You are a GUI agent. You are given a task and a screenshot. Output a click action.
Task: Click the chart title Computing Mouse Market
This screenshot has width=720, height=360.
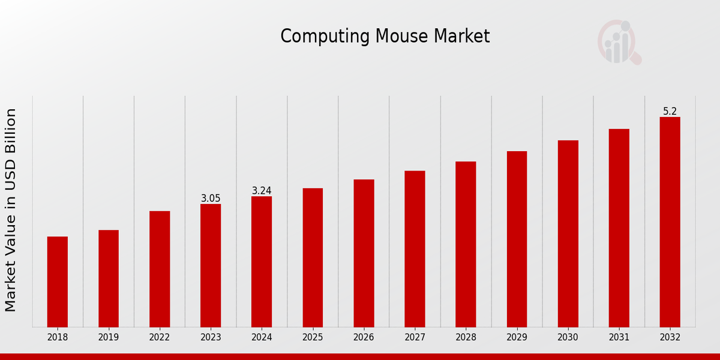(385, 37)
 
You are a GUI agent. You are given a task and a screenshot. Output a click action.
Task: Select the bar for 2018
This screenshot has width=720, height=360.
(58, 281)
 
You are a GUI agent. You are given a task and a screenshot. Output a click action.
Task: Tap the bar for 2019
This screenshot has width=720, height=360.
(109, 278)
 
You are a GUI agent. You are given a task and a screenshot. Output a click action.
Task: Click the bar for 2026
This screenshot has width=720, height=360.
(364, 253)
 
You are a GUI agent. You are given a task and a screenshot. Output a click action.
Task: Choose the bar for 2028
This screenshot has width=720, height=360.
(466, 244)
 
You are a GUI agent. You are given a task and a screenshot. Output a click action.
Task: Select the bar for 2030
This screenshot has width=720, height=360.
(568, 233)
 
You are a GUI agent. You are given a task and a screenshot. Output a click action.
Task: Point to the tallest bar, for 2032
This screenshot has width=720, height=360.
(670, 222)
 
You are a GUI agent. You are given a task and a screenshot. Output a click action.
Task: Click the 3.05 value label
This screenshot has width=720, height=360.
(211, 199)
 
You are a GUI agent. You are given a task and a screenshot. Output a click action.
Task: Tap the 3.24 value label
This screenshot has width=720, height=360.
(262, 191)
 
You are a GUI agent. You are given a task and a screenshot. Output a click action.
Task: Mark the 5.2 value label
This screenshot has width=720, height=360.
(670, 112)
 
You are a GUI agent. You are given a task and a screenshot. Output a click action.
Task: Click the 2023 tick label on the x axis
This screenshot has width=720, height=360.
(211, 338)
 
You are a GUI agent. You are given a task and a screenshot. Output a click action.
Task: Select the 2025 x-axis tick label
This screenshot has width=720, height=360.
(313, 338)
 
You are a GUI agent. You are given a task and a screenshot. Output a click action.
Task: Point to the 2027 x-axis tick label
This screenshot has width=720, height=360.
(415, 338)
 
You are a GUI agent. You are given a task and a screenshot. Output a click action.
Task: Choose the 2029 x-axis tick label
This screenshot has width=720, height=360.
(517, 338)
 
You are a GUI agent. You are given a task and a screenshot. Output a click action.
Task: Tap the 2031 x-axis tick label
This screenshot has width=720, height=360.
(619, 338)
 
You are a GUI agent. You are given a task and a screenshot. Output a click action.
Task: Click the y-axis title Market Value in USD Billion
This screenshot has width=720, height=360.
(11, 210)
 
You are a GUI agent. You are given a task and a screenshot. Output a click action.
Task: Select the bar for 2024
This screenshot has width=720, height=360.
(262, 262)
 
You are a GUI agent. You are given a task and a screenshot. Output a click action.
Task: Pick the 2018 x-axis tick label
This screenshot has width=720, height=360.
(58, 338)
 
